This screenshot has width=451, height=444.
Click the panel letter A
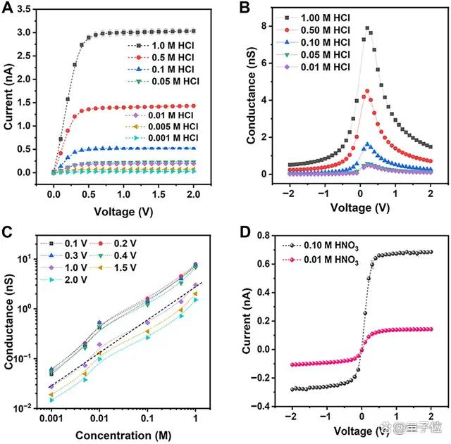[7, 8]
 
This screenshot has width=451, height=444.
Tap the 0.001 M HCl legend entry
[161, 138]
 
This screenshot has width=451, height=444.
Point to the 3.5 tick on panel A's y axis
[24, 9]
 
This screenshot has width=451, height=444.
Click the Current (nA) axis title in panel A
[8, 97]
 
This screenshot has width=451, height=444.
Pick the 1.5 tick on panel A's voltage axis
[159, 194]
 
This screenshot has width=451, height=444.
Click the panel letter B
[245, 8]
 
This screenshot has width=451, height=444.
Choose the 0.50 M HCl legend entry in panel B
[313, 30]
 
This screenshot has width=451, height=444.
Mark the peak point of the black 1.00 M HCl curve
[367, 28]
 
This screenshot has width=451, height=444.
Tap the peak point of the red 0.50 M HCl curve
[367, 91]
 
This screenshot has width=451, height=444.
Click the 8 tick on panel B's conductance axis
[263, 26]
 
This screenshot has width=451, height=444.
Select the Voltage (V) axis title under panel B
[360, 208]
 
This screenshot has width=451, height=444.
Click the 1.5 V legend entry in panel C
[113, 267]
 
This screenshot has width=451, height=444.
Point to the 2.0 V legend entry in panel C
[63, 280]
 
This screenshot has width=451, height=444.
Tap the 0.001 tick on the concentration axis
[51, 419]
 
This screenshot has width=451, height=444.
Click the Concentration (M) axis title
[123, 436]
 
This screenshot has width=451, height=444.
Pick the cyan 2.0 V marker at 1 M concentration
[196, 300]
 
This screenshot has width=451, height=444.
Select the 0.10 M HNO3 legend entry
[321, 246]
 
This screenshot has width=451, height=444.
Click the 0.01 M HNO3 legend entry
[321, 260]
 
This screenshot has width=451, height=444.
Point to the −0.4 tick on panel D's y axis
[261, 406]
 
